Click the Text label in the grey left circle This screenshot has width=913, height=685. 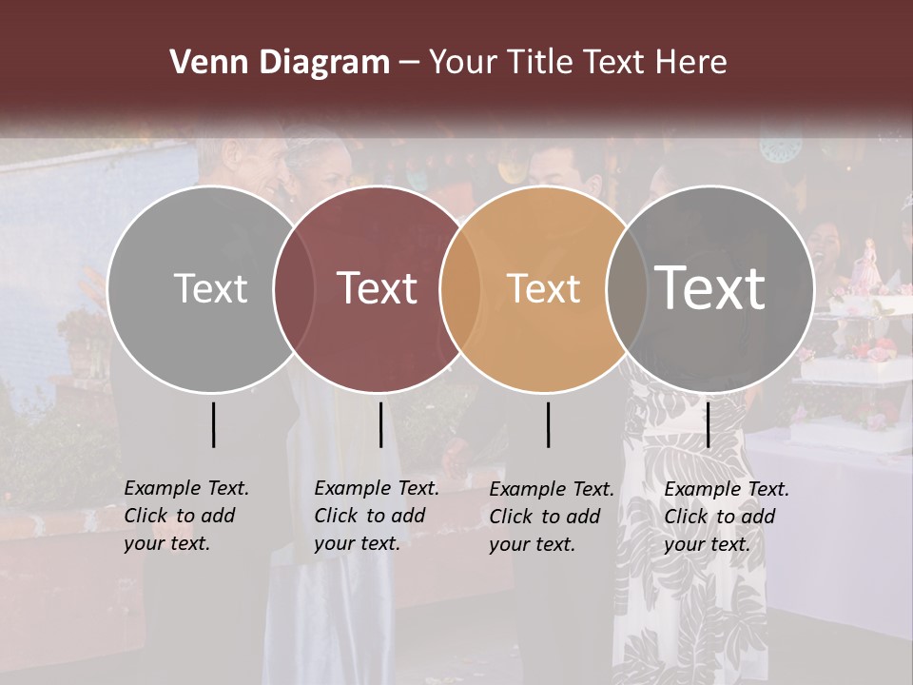[210, 288]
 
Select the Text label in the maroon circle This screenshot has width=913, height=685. [377, 288]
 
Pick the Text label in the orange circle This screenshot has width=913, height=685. [543, 288]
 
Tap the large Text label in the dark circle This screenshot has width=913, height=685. [709, 287]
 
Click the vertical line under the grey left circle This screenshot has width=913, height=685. [213, 424]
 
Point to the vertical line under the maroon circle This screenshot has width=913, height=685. [380, 424]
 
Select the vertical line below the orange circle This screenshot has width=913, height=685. [549, 424]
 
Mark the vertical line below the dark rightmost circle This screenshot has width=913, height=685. [708, 424]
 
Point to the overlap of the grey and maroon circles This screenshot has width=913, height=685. [294, 288]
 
